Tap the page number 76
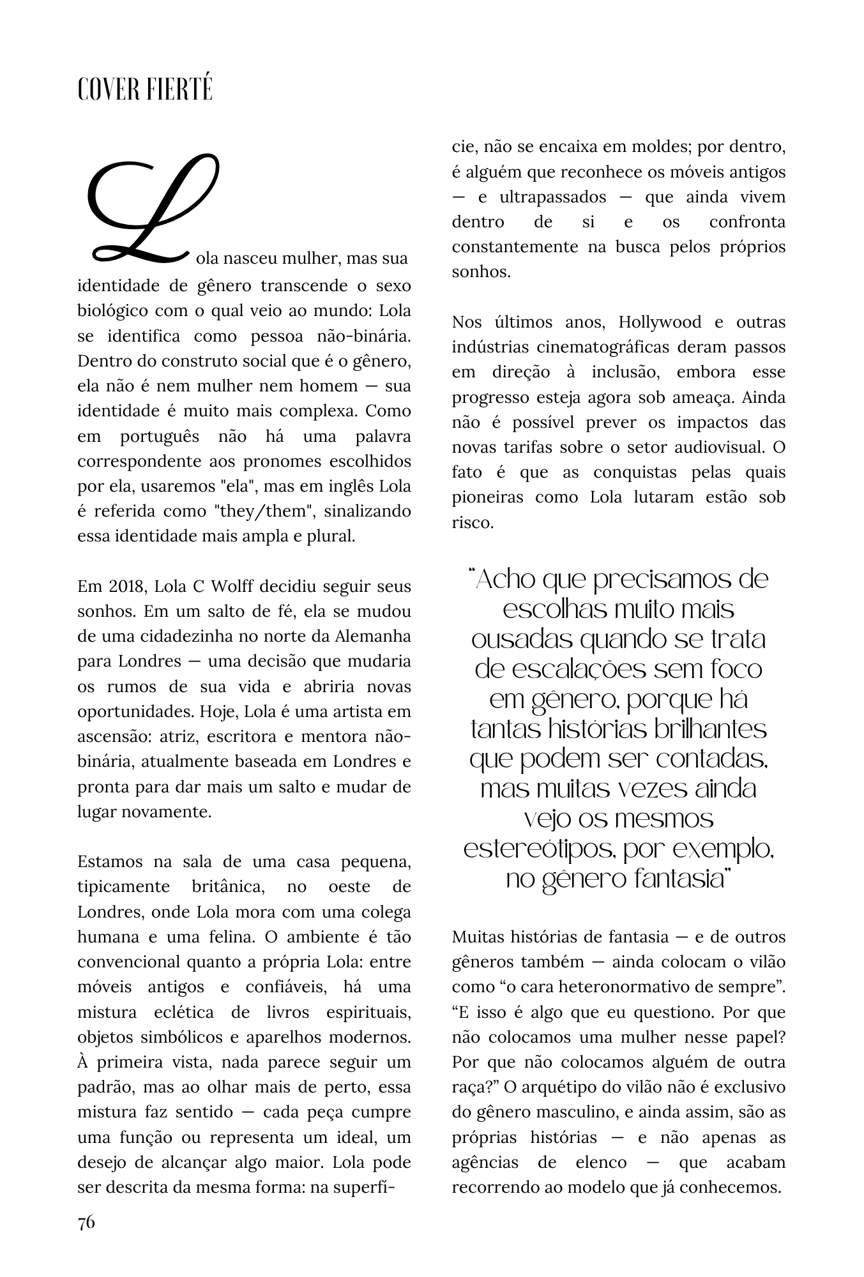pyautogui.click(x=86, y=1222)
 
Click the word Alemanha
pyautogui.click(x=377, y=637)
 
